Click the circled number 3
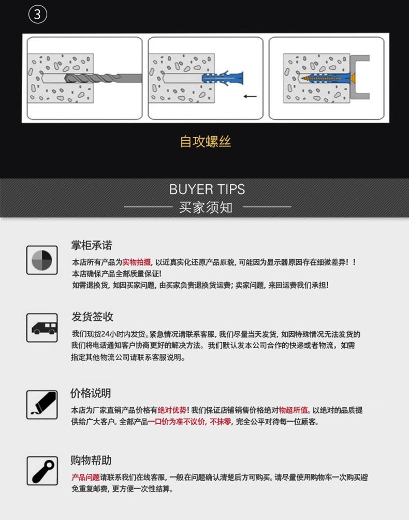[37, 14]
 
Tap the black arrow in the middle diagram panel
[250, 96]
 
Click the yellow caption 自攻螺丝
[206, 141]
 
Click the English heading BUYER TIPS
[207, 189]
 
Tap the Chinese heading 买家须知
[206, 208]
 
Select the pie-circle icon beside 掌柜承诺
[42, 260]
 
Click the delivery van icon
[42, 328]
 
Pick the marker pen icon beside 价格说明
[42, 404]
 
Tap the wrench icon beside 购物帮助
[42, 470]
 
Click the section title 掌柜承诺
[92, 245]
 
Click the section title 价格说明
[91, 393]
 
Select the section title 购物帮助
[91, 460]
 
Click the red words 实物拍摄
[137, 262]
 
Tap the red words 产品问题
[85, 478]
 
